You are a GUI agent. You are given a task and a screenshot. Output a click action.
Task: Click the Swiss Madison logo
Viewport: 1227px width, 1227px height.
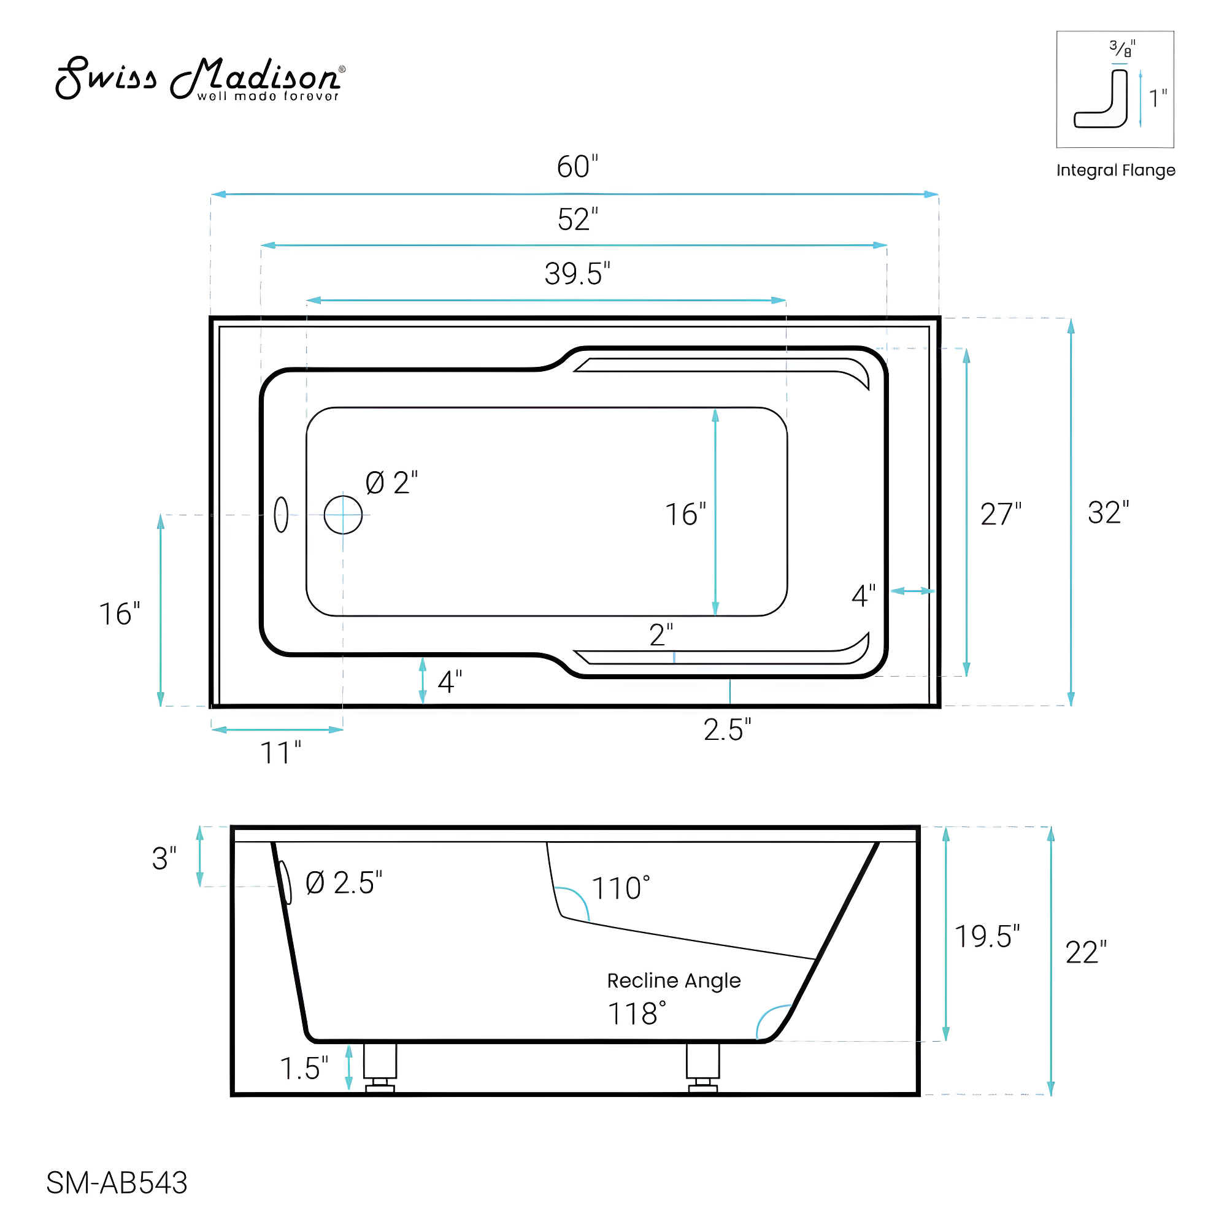click(x=200, y=79)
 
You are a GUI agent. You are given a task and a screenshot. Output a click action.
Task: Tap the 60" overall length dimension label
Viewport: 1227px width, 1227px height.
click(x=577, y=167)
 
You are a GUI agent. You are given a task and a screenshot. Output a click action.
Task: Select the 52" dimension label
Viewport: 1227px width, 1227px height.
click(x=577, y=220)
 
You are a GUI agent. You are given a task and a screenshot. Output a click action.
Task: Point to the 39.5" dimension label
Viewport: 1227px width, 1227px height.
click(x=577, y=274)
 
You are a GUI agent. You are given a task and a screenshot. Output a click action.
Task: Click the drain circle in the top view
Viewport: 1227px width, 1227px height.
click(x=343, y=515)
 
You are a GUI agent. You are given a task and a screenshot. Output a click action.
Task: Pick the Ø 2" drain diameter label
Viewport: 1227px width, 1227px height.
click(x=391, y=483)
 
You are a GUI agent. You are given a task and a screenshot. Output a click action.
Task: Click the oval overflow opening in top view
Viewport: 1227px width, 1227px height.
click(x=282, y=515)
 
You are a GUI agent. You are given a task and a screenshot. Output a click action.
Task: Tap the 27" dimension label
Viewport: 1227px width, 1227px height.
click(x=1000, y=515)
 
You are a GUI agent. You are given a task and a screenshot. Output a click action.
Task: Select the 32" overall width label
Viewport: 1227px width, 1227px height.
click(x=1107, y=512)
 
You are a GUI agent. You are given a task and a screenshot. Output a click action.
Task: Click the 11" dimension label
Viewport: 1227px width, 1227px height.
click(x=280, y=753)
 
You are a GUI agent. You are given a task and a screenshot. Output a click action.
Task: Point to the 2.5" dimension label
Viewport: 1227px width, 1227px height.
click(x=726, y=730)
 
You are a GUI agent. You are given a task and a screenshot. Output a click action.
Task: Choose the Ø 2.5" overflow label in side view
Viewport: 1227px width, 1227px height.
click(x=344, y=883)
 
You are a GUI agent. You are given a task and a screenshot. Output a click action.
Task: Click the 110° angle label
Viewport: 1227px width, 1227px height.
click(x=620, y=888)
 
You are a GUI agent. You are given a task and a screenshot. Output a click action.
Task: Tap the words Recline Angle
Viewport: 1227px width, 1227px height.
click(x=673, y=980)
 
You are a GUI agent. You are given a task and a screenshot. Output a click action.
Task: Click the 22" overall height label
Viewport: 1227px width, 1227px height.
click(x=1085, y=953)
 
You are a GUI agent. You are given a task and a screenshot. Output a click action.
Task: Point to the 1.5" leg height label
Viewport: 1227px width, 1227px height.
click(x=304, y=1068)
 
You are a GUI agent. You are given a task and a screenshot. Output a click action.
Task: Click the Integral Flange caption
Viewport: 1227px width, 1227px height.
click(x=1115, y=170)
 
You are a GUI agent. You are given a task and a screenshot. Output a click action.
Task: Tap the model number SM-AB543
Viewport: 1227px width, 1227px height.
click(x=117, y=1183)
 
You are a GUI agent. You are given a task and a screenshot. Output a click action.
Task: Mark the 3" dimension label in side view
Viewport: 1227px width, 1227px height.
click(x=164, y=859)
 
